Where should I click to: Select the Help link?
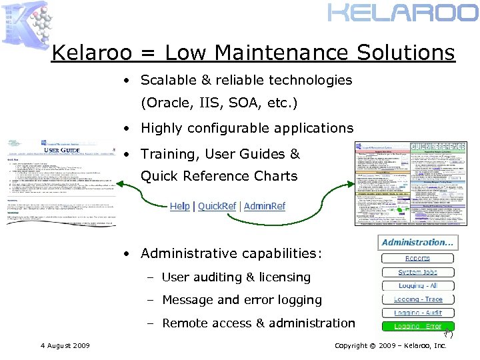(x=179, y=206)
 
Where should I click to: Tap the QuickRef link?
(x=217, y=206)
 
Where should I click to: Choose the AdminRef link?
(x=265, y=206)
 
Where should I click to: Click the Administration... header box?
(x=418, y=243)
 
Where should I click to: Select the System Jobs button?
(x=418, y=272)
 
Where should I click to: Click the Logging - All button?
(x=418, y=285)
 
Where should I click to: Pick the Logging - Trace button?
(x=418, y=299)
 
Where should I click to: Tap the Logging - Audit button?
(x=418, y=313)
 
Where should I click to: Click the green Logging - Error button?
(x=418, y=327)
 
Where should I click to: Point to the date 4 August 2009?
(x=65, y=345)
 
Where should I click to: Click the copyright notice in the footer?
(x=390, y=345)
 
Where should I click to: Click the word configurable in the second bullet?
(x=231, y=128)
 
